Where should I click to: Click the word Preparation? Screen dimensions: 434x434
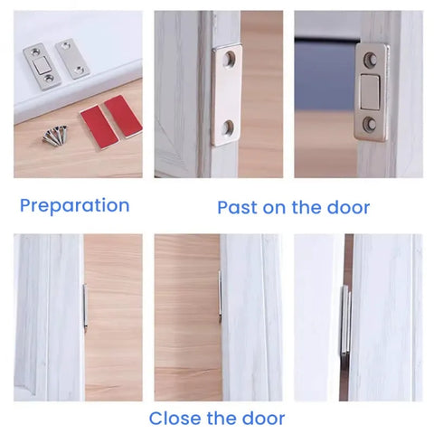pyautogui.click(x=74, y=206)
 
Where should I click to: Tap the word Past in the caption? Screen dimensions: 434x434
pyautogui.click(x=238, y=208)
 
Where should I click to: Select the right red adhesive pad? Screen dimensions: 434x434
pyautogui.click(x=122, y=116)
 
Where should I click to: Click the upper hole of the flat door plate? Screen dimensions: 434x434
pyautogui.click(x=228, y=61)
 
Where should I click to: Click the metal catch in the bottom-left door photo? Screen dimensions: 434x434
pyautogui.click(x=84, y=307)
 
